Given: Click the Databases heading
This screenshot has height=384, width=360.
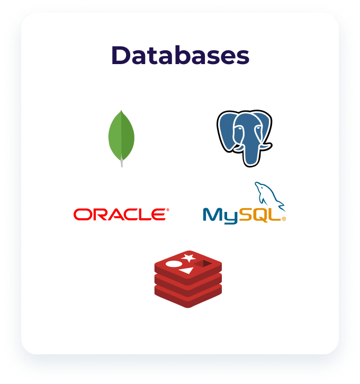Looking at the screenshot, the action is click(181, 55).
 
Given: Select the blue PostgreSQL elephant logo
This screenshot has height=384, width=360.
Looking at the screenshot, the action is click(245, 138).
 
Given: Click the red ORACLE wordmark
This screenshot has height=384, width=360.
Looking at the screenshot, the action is click(120, 215).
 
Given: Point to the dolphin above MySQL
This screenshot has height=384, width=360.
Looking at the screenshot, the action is click(269, 196).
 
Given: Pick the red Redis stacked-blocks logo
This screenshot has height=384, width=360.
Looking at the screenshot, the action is click(188, 279).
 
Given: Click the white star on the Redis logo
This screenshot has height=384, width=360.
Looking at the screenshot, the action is click(188, 258).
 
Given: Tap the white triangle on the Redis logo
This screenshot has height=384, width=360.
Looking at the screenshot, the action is click(186, 271).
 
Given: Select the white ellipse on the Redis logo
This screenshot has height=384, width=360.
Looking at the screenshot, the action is click(174, 264).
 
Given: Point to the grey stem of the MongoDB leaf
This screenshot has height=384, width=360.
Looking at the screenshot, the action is click(122, 161).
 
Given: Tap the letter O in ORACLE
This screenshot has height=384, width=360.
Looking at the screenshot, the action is click(82, 215).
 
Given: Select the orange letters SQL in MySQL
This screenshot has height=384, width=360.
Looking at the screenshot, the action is click(260, 215).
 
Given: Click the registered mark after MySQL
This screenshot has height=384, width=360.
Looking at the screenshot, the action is click(284, 219).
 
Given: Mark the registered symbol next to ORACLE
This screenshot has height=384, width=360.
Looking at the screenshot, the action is click(168, 210).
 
